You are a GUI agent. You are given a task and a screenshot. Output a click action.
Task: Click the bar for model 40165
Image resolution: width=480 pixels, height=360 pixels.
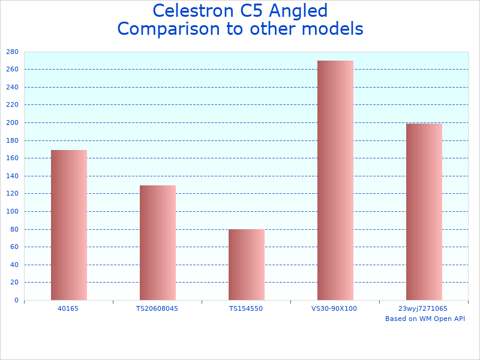[x=69, y=225]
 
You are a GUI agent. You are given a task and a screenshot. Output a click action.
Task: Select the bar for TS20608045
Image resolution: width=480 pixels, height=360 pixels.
[x=158, y=242]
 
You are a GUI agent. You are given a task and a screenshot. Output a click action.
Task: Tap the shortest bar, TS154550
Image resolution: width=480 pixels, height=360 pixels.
[x=247, y=265]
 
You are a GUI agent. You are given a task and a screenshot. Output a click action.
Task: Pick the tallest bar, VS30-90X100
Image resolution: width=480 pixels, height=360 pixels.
[x=335, y=180]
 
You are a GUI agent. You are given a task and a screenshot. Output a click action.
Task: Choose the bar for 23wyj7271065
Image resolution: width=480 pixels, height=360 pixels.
[x=424, y=212]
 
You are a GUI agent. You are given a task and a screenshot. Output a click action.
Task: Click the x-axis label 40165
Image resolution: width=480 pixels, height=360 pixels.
[x=68, y=308]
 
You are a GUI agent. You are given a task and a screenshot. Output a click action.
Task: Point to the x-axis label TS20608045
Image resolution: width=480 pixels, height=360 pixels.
[x=157, y=308]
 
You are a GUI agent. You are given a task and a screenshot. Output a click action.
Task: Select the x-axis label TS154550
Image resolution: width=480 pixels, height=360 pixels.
[x=246, y=308]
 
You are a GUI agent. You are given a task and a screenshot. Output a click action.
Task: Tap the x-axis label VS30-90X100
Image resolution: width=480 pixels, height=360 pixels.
[x=334, y=308]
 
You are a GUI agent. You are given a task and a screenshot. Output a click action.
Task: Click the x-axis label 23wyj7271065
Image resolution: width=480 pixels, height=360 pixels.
[x=424, y=308]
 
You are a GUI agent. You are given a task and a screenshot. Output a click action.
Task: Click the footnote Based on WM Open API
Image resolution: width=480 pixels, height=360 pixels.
[x=425, y=319]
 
